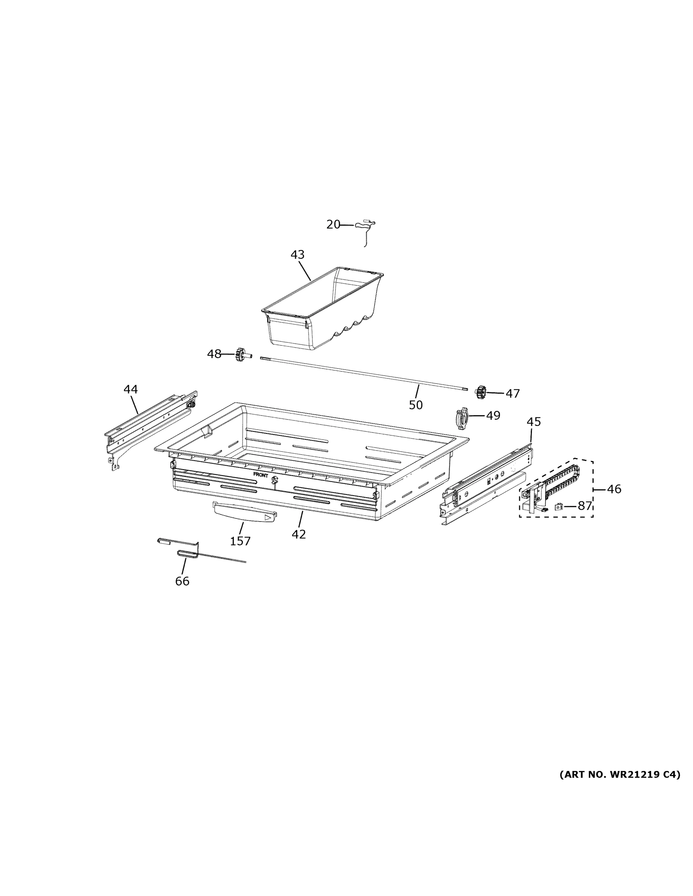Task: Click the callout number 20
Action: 333,224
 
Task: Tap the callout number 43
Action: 297,255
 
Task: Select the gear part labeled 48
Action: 241,354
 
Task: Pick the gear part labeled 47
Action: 481,392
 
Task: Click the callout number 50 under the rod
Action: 415,405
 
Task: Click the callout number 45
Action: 534,421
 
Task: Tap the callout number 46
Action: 614,489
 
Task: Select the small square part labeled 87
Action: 559,506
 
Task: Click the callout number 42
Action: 298,534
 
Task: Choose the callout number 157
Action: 240,541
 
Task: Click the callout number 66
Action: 182,581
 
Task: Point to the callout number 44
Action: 130,389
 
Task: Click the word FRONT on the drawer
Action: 261,475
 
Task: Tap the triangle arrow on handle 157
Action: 268,518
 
